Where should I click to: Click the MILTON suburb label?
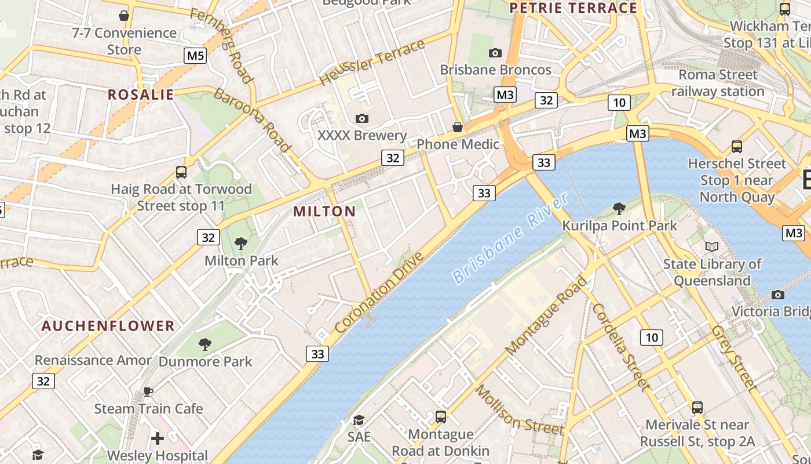(x=324, y=212)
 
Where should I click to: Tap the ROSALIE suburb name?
(x=141, y=95)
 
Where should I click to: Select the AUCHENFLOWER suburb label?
(x=108, y=326)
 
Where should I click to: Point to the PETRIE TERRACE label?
(x=573, y=8)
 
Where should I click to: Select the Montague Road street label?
(x=546, y=316)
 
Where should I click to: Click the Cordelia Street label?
(x=619, y=346)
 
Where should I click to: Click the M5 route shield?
(x=195, y=56)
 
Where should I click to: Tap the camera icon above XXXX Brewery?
(x=362, y=119)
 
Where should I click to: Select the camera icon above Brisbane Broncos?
(x=495, y=53)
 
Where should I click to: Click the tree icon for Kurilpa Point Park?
(x=619, y=208)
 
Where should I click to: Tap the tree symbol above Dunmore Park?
(x=204, y=345)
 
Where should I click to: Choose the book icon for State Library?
(x=712, y=247)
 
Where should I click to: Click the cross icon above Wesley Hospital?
(x=157, y=438)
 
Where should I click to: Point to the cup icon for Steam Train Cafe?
(x=148, y=391)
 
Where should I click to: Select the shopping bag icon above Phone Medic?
(x=458, y=127)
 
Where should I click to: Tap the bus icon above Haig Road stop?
(x=181, y=172)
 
